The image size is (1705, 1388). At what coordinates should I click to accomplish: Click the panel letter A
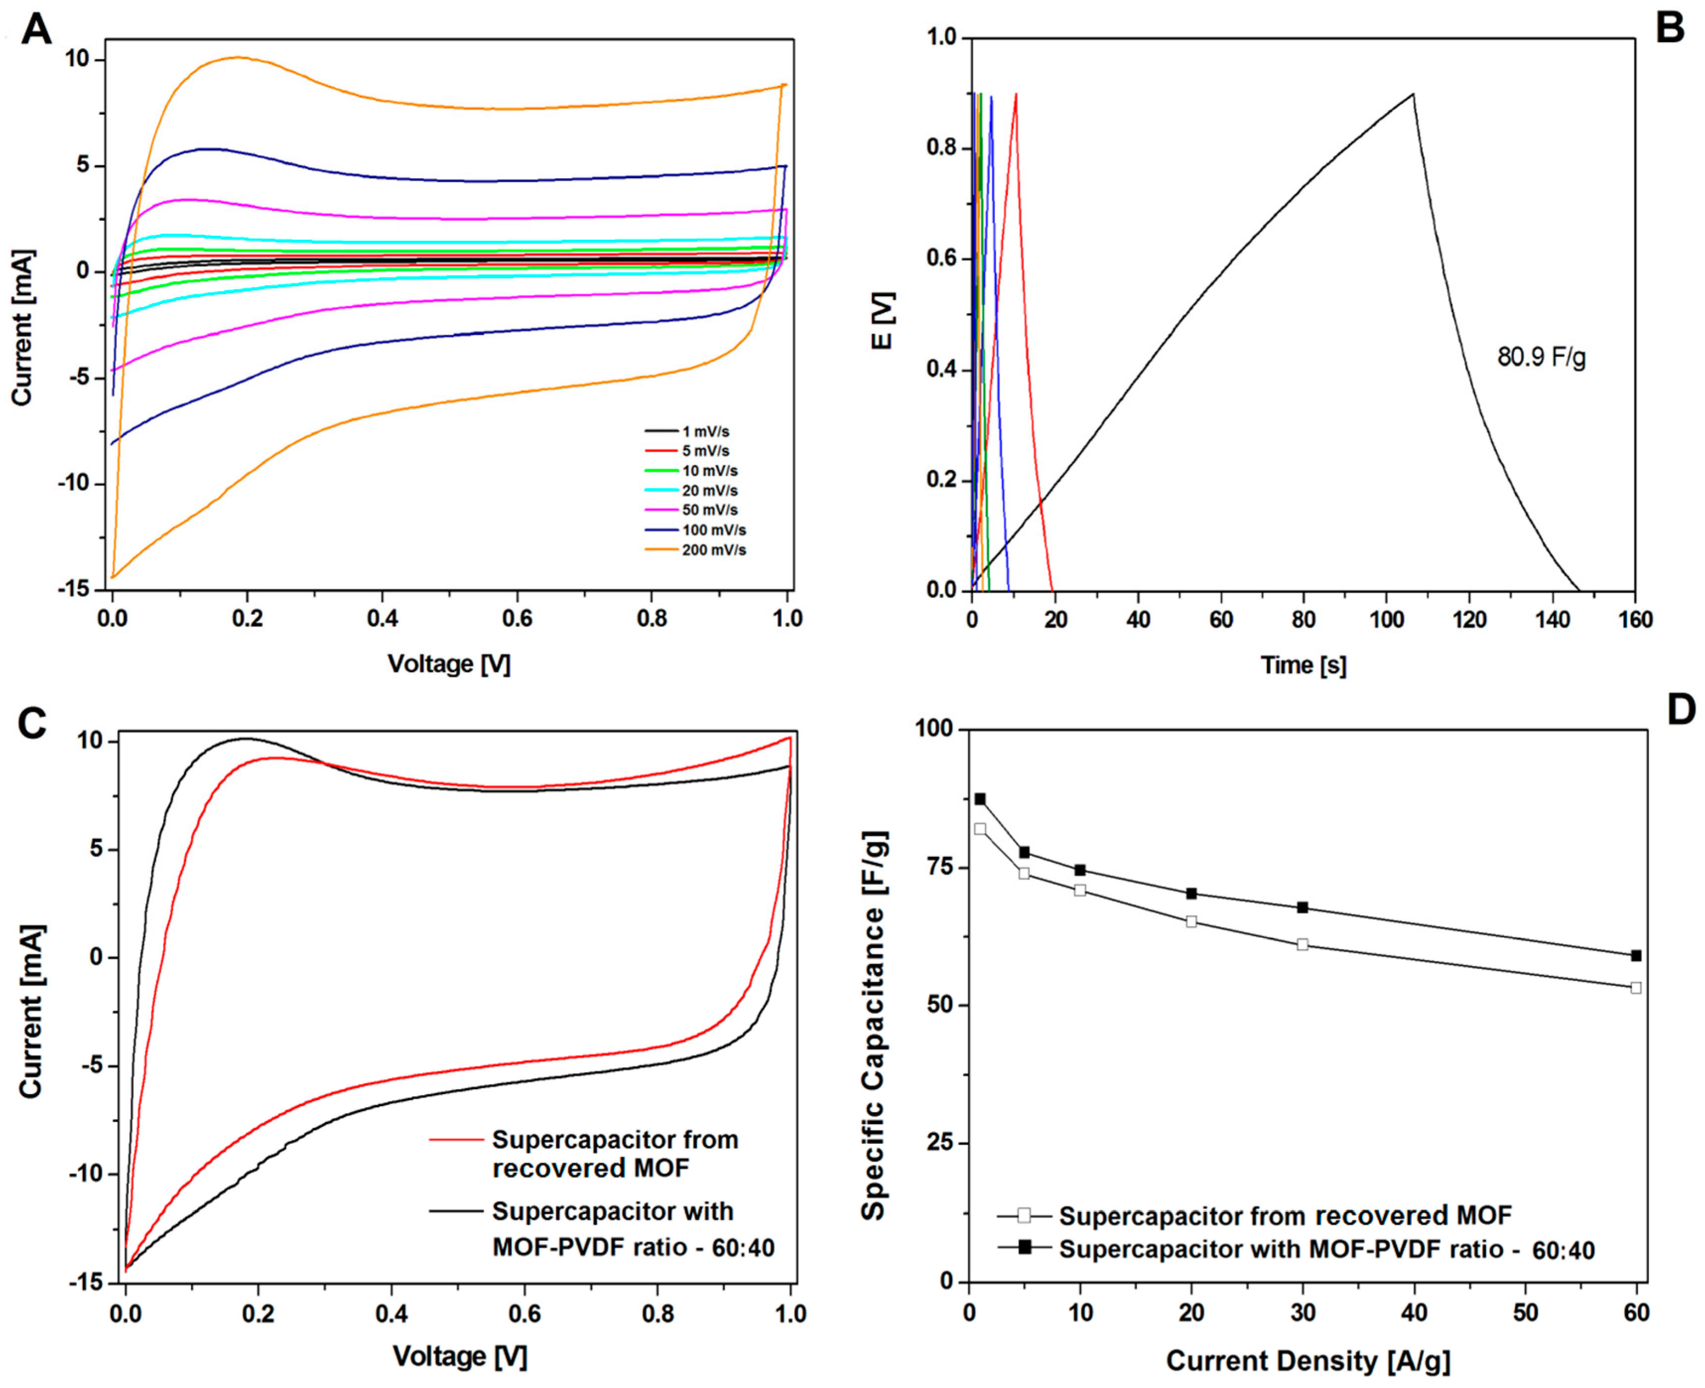[x=36, y=30]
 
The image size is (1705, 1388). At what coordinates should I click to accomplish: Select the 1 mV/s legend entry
[x=705, y=432]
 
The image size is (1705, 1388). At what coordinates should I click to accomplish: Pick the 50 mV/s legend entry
[x=709, y=510]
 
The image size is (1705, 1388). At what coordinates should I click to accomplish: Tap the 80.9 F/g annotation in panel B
[x=1541, y=357]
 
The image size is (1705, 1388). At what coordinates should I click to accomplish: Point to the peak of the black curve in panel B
[x=1413, y=94]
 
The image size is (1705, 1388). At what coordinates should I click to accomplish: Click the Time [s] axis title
[x=1303, y=665]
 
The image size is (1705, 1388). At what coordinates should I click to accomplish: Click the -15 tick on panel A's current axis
[x=76, y=589]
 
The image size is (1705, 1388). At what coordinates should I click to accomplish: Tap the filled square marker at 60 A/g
[x=1636, y=955]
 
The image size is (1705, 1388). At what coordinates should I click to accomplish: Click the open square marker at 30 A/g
[x=1302, y=944]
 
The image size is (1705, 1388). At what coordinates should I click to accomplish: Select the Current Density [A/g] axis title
[x=1308, y=1360]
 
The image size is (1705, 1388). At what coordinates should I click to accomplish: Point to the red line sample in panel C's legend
[x=456, y=1138]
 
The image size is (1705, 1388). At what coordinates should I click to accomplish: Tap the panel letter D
[x=1681, y=710]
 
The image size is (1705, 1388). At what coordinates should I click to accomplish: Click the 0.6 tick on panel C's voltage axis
[x=524, y=1314]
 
